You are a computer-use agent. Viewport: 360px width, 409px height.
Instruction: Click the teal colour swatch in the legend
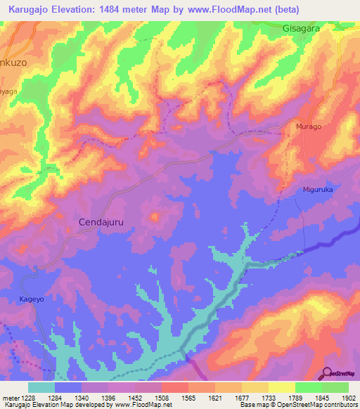pyautogui.click(x=41, y=387)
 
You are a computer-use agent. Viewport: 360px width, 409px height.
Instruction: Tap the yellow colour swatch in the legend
pyautogui.click(x=282, y=387)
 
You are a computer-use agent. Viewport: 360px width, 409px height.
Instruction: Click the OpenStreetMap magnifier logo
pyautogui.click(x=328, y=372)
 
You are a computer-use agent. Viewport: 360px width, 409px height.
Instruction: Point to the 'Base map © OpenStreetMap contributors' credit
pyautogui.click(x=299, y=405)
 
